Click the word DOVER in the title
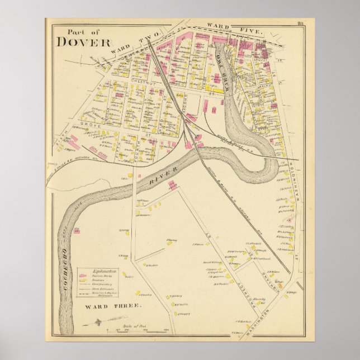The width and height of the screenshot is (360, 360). click(84, 42)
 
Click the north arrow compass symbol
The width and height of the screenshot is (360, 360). click(98, 323)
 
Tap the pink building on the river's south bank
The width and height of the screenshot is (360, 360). click(172, 185)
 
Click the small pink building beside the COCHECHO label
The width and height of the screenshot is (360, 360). click(74, 229)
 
